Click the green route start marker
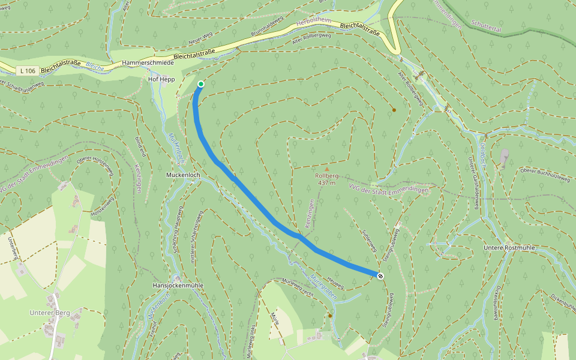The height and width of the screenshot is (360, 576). coord(200,84)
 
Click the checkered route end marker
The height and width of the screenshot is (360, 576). coord(380,275)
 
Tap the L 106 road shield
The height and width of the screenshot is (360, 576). coord(28,71)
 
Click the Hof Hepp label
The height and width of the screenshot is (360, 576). coord(161,79)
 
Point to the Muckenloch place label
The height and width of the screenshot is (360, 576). coord(182,175)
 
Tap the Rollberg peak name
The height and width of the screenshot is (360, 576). coord(327,176)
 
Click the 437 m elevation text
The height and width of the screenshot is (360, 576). coord(327,183)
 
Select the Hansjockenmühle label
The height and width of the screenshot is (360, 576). coord(178,286)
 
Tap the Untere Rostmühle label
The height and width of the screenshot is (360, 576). coord(509,247)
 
